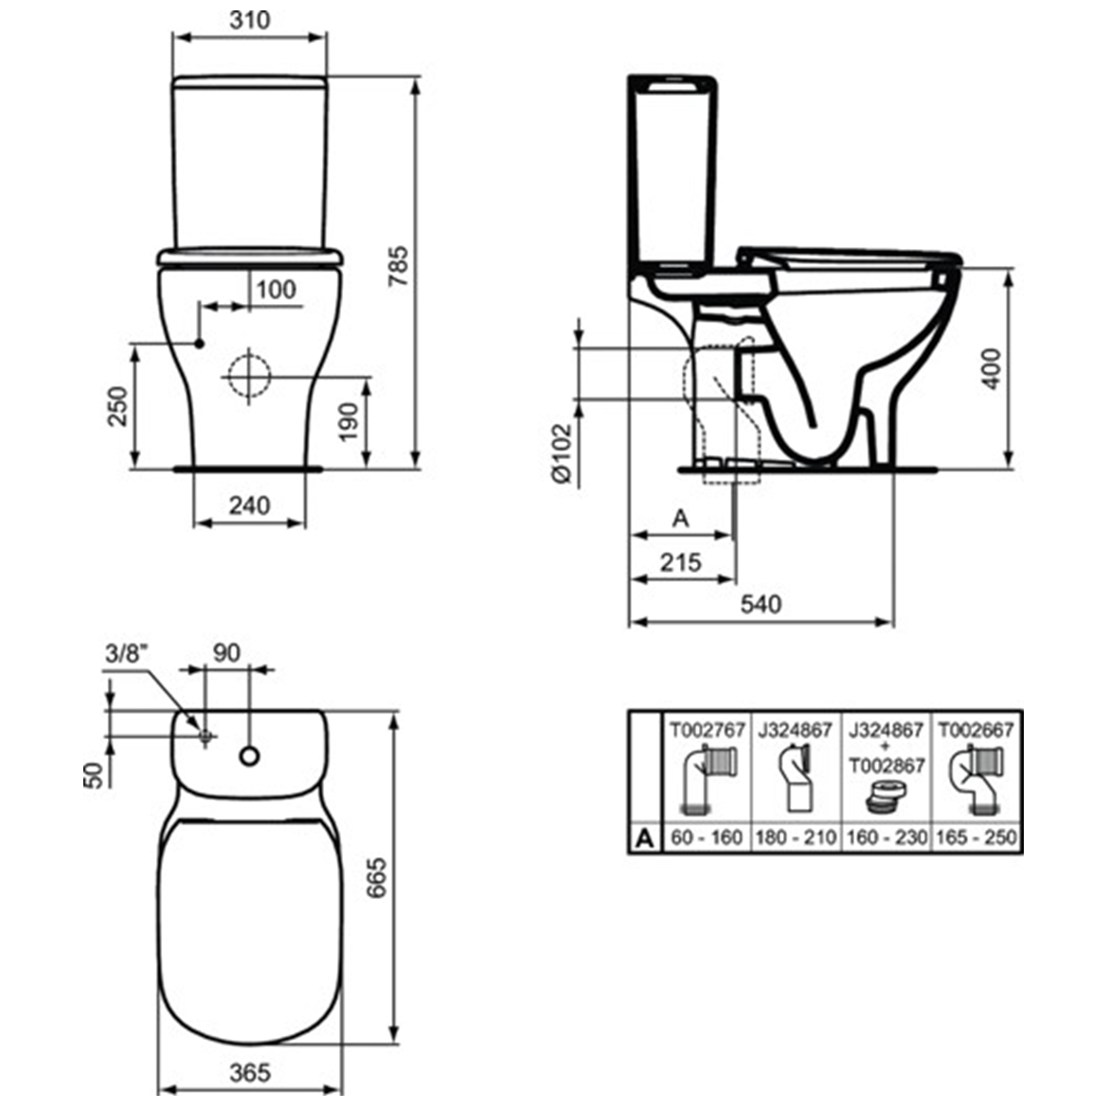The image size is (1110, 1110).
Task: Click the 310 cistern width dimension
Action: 250,19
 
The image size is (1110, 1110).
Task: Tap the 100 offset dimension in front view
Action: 276,289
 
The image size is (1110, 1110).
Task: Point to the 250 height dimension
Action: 116,406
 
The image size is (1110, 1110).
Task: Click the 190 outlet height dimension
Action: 349,421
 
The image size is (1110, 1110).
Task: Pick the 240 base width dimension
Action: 249,505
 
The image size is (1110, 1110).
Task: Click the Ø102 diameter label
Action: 562,454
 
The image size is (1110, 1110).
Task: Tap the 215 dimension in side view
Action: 680,562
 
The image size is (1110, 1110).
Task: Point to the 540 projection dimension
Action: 761,603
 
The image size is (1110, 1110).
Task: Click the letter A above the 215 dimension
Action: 680,518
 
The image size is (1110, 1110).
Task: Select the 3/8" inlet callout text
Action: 127,653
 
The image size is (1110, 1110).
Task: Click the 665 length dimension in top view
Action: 376,878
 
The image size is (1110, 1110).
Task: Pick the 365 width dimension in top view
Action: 250,1072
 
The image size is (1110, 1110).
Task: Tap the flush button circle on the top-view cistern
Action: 250,756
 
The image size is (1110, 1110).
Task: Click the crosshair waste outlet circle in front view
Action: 250,375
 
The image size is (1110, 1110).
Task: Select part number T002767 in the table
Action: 707,730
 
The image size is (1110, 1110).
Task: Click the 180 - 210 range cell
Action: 796,838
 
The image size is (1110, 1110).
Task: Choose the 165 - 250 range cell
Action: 976,838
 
